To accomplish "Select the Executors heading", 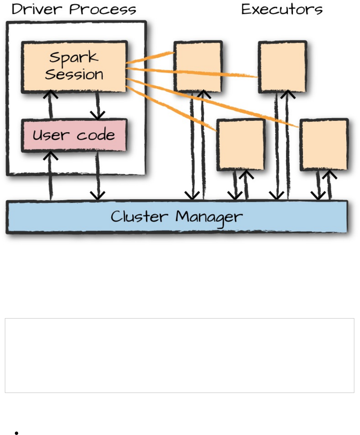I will point(282,9).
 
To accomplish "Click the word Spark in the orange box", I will point(74,57).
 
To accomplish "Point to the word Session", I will point(74,74).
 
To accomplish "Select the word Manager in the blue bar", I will point(209,217).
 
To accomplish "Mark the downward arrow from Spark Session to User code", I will point(97,106).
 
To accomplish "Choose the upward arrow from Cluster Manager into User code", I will point(51,175).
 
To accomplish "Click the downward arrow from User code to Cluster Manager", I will point(97,176).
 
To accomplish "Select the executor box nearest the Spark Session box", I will point(198,67).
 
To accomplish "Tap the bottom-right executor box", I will point(324,144).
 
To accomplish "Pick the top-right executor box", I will point(282,67).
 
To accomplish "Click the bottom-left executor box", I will point(241,144).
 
